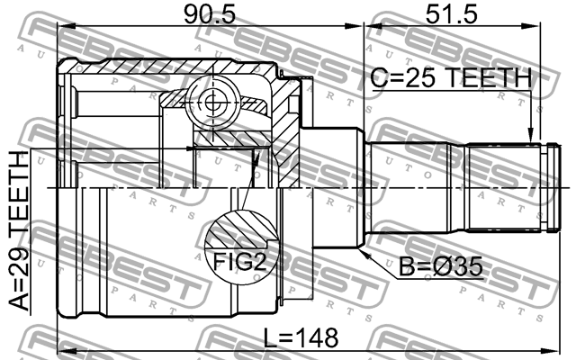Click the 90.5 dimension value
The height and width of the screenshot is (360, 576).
210,14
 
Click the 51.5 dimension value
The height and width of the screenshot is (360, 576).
452,14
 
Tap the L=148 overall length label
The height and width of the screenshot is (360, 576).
301,338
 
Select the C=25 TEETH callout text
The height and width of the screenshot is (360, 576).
451,78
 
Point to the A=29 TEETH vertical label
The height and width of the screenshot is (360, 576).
18,230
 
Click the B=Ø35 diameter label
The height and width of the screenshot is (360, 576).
441,266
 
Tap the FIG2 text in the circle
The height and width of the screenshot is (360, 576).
239,262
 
